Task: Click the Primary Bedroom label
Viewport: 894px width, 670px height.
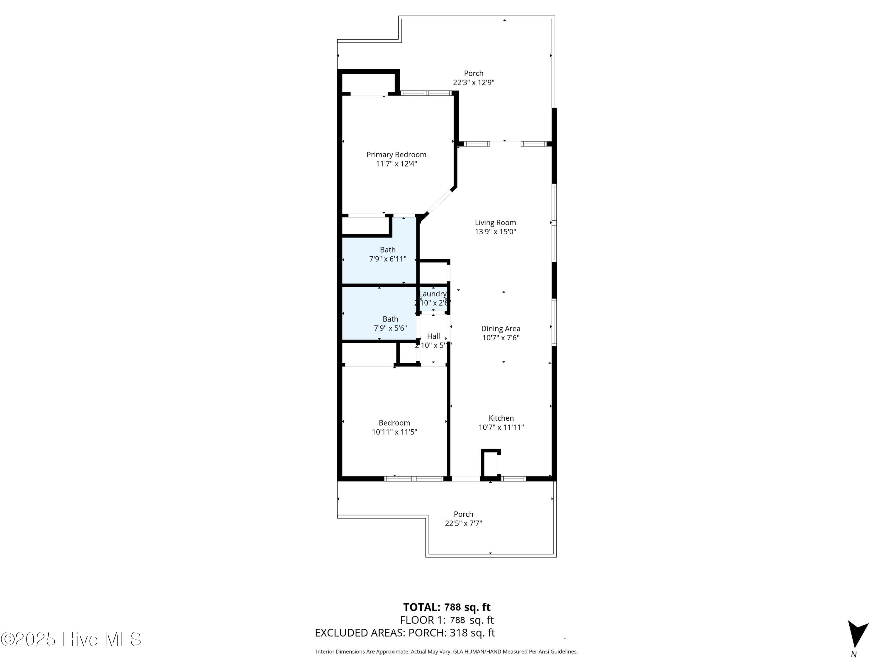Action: [396, 155]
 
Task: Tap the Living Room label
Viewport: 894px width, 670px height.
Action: [495, 222]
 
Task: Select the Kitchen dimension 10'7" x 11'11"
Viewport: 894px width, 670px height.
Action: [501, 427]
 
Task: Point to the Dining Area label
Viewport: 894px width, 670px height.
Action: [500, 329]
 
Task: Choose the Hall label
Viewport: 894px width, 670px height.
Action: [433, 336]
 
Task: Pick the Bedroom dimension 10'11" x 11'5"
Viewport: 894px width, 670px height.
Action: [394, 432]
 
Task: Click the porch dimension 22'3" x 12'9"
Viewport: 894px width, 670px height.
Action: [473, 82]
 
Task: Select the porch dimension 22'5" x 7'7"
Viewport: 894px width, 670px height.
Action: [463, 523]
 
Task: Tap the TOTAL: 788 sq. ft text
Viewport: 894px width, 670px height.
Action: [447, 607]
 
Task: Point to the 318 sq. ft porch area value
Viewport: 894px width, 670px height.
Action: [472, 633]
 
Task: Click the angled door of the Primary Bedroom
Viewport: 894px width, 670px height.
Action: [439, 202]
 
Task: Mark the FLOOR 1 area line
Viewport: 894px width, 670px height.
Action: [447, 620]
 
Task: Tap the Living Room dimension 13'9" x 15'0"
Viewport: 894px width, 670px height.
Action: [495, 232]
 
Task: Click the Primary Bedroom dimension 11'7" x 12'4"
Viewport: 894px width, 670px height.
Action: [396, 164]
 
